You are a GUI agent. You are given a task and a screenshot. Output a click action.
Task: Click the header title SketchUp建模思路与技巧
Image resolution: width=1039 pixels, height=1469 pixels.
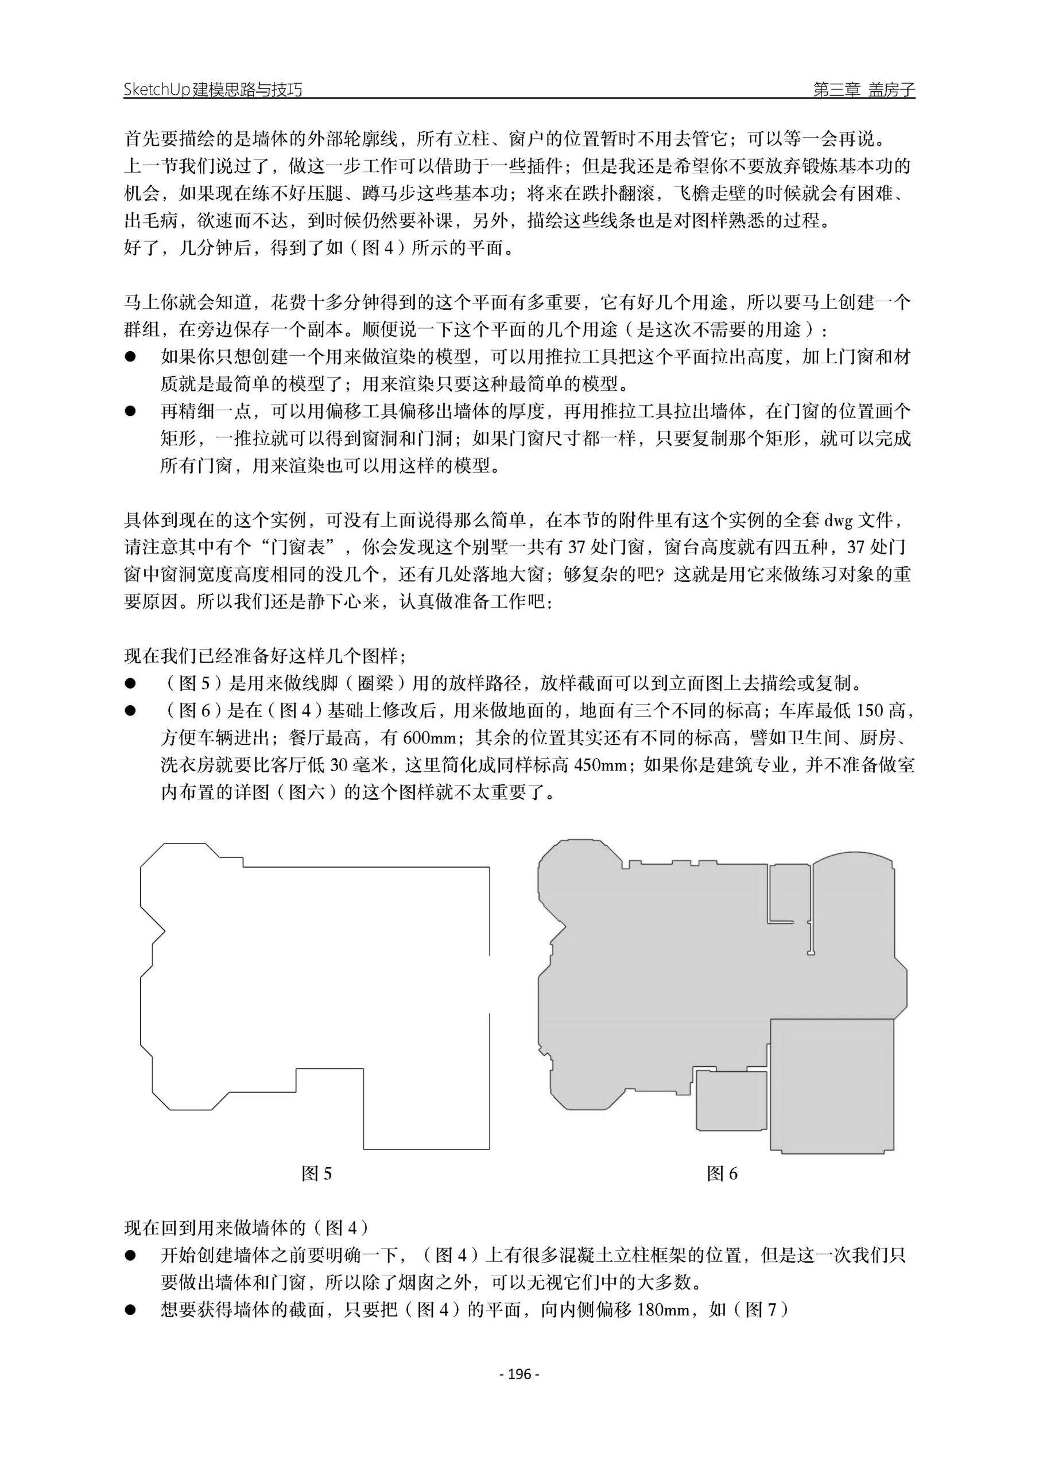click(212, 90)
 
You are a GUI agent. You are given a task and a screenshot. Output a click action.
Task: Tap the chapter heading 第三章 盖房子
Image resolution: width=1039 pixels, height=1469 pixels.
click(863, 90)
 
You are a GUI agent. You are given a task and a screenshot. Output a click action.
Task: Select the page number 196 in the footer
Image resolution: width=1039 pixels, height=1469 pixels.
click(519, 1373)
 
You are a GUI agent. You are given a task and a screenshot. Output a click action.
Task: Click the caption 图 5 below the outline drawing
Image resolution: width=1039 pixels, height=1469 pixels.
click(316, 1173)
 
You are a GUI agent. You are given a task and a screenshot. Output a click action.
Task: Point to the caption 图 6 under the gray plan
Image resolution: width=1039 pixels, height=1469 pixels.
click(722, 1173)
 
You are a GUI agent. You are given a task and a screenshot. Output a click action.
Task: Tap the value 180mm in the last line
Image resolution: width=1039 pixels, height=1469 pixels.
click(665, 1309)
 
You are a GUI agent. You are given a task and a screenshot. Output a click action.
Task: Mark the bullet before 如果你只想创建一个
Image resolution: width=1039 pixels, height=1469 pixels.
click(131, 357)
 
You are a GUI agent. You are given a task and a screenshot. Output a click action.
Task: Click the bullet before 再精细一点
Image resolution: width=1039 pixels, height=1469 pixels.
click(131, 411)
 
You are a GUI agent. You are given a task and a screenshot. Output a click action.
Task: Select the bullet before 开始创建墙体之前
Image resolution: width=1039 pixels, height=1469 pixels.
click(131, 1256)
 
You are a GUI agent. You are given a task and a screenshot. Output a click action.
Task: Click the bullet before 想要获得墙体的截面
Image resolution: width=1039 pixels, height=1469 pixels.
click(131, 1309)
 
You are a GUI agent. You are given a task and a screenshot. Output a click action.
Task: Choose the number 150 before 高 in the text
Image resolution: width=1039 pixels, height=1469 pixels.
click(869, 710)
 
